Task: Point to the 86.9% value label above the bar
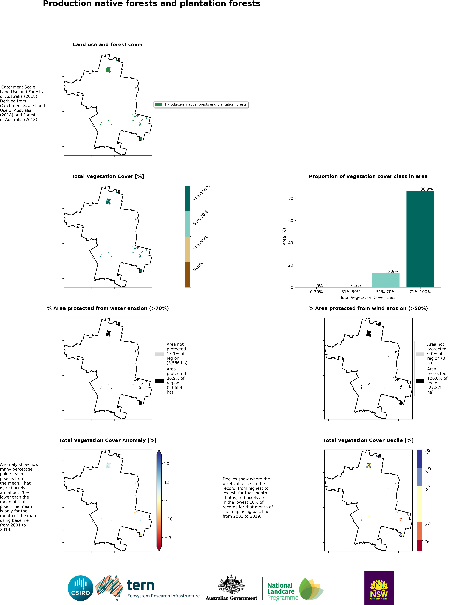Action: coord(426,189)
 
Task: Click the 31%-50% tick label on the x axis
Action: coord(351,292)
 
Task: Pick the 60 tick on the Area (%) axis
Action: coord(291,221)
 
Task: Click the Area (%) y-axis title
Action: coord(284,236)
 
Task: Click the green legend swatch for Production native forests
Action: coord(158,104)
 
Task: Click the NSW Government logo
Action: coord(379,588)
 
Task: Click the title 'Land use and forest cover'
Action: coord(108,45)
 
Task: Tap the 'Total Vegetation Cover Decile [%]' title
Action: coord(368,440)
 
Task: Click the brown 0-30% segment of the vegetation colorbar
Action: coord(187,275)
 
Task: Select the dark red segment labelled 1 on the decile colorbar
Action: coord(420,546)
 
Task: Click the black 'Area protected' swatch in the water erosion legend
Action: coord(159,381)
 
